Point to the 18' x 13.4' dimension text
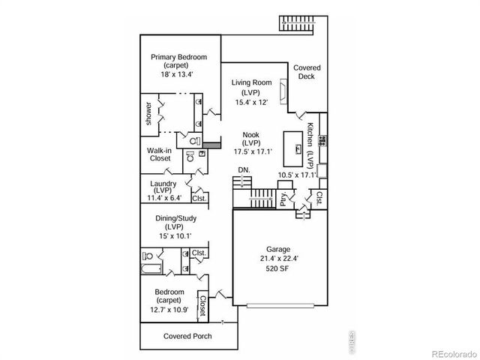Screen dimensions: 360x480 [178, 74]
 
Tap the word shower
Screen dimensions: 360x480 [149, 113]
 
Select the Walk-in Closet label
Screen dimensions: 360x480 [160, 154]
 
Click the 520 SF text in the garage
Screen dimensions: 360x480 [278, 271]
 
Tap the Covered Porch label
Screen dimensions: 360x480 [187, 336]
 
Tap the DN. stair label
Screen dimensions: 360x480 [244, 170]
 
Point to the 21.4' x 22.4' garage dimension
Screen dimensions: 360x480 [278, 260]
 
